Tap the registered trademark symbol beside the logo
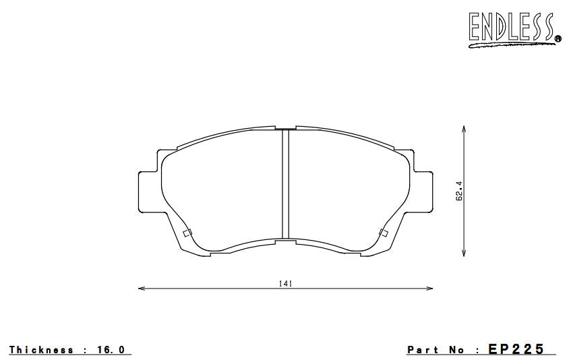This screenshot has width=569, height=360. pyautogui.click(x=558, y=37)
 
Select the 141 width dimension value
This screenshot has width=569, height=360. pyautogui.click(x=285, y=284)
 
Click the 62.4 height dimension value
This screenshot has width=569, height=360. pyautogui.click(x=459, y=191)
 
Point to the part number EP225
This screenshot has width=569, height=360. pyautogui.click(x=516, y=349)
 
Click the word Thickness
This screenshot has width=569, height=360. pyautogui.click(x=41, y=350)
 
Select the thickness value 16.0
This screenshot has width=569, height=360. pyautogui.click(x=111, y=350)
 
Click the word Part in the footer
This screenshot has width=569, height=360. pyautogui.click(x=423, y=350)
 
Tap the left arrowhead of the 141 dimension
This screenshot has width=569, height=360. pyautogui.click(x=142, y=289)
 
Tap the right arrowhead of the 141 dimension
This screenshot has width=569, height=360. pyautogui.click(x=429, y=289)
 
